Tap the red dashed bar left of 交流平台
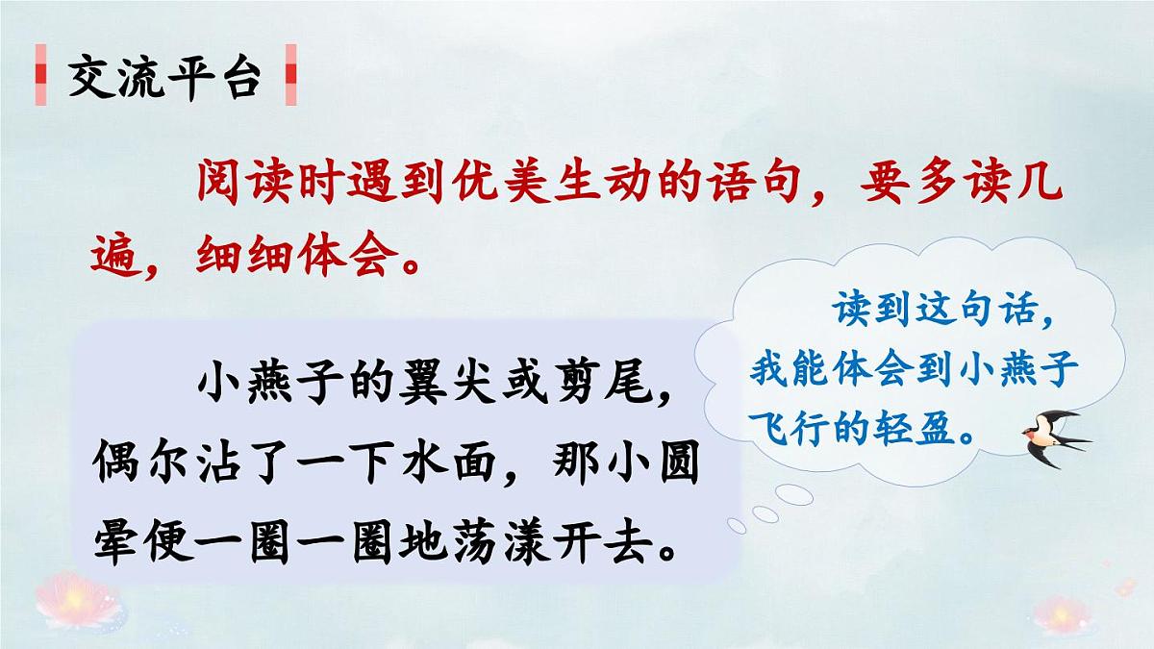click(x=39, y=78)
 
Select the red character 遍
click(x=117, y=254)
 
